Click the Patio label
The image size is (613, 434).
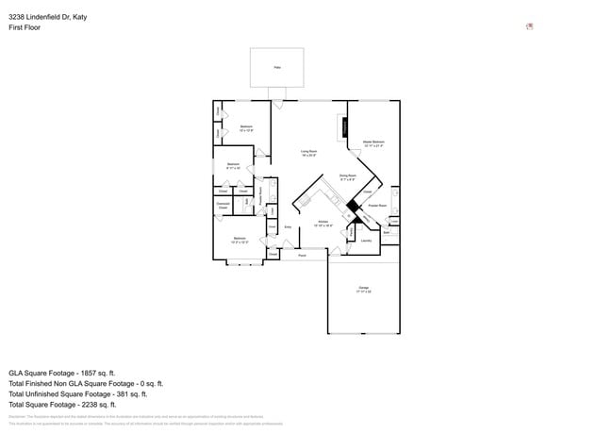277,67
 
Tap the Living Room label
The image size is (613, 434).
308,151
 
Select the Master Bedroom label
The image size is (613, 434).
373,143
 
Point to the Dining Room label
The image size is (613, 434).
347,176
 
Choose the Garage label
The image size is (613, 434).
363,289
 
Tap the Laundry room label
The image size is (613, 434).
366,241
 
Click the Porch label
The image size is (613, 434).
302,256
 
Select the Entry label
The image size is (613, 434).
288,226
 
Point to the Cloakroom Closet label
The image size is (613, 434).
224,206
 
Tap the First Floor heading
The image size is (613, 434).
25,27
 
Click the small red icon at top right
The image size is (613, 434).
530,26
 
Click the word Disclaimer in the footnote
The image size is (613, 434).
18,416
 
